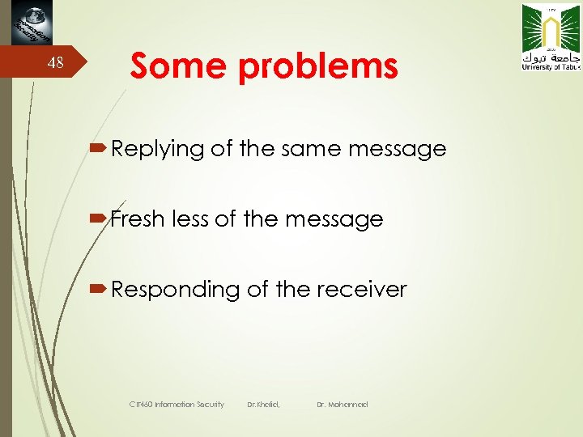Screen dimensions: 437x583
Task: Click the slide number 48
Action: pos(55,63)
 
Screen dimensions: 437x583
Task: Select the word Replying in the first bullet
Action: pos(158,149)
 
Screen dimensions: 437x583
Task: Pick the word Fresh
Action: pos(138,218)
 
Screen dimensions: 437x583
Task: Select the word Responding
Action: pos(176,290)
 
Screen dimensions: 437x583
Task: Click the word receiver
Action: pos(361,289)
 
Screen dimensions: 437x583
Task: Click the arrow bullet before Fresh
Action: pos(100,218)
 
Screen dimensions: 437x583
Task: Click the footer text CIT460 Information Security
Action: pos(177,404)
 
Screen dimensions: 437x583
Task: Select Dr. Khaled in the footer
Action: pos(263,404)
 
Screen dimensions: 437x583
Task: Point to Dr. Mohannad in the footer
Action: pos(343,404)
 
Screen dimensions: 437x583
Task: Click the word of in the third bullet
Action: pos(257,289)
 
